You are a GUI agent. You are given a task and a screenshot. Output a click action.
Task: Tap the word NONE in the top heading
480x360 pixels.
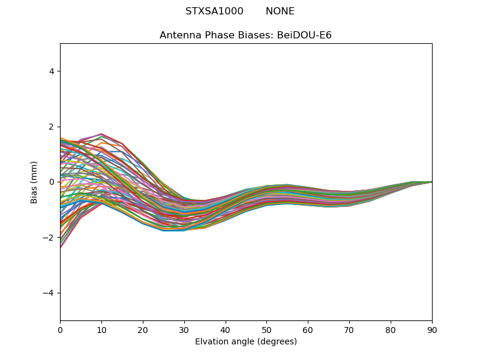tap(280, 11)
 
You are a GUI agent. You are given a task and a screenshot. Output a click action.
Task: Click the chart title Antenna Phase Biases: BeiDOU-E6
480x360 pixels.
tap(245, 35)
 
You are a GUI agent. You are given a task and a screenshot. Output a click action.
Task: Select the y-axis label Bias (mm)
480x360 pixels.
tap(34, 182)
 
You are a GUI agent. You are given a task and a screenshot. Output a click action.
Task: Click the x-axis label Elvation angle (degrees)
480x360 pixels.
tap(245, 342)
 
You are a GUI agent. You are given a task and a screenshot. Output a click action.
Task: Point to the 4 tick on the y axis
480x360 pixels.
tap(52, 71)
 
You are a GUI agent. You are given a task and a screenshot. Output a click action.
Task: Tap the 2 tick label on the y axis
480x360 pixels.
tap(52, 127)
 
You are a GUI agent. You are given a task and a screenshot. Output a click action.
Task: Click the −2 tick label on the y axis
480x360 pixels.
tap(49, 238)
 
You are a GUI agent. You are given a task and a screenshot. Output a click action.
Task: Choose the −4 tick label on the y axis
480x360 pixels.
tap(49, 293)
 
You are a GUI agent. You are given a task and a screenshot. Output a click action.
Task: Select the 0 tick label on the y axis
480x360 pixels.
tap(52, 182)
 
